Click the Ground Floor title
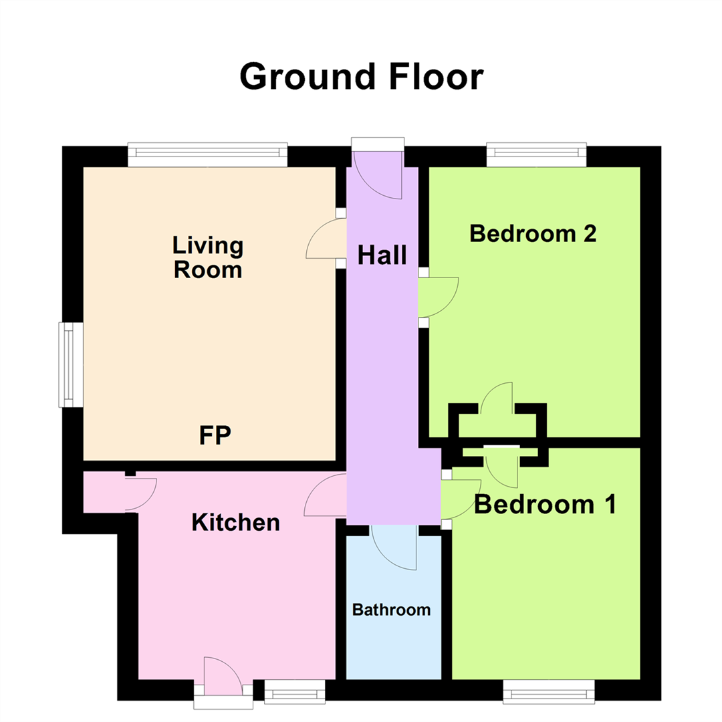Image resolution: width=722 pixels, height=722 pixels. pos(361,76)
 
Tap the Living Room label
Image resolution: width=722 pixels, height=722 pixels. pos(207,257)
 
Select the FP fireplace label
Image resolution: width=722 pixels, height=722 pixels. pos(215,435)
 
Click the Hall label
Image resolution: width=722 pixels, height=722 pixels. pos(382,255)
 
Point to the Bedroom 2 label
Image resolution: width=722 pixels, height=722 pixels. pos(533,233)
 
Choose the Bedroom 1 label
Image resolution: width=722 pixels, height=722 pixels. pos(545,505)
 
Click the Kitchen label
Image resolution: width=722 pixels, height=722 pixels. pos(235,522)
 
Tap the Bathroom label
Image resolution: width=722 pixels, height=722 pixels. pos(391,610)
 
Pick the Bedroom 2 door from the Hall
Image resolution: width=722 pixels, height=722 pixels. pos(437,296)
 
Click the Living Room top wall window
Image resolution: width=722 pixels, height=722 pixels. pos(207,155)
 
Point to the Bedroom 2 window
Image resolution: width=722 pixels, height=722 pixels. pos(536,154)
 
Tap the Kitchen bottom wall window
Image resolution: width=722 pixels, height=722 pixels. pos(294,691)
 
